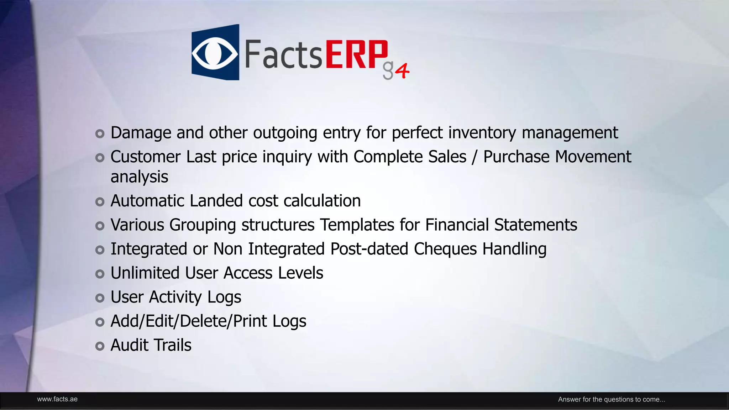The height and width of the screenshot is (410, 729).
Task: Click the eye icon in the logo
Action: pyautogui.click(x=215, y=53)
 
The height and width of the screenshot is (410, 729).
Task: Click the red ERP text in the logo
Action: pyautogui.click(x=356, y=54)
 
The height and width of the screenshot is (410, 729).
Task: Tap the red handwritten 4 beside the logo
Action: pyautogui.click(x=403, y=71)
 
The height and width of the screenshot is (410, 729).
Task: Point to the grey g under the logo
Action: pyautogui.click(x=388, y=70)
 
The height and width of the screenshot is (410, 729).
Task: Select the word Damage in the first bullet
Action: pyautogui.click(x=141, y=133)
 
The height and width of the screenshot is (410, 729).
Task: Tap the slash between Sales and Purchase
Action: pyautogui.click(x=474, y=157)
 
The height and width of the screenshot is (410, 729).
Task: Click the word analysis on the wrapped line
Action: pyautogui.click(x=139, y=177)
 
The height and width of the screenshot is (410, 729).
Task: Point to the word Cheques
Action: pyautogui.click(x=445, y=249)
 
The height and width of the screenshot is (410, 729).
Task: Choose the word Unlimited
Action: pyautogui.click(x=145, y=273)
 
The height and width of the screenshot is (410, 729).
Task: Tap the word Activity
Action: pyautogui.click(x=175, y=298)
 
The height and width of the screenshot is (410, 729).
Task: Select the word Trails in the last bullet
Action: pyautogui.click(x=172, y=345)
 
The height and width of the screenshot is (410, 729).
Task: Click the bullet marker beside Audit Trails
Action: pyautogui.click(x=100, y=346)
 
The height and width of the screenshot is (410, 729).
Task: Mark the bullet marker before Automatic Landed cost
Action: pyautogui.click(x=100, y=202)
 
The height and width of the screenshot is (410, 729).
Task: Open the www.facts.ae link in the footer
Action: pyautogui.click(x=57, y=399)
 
